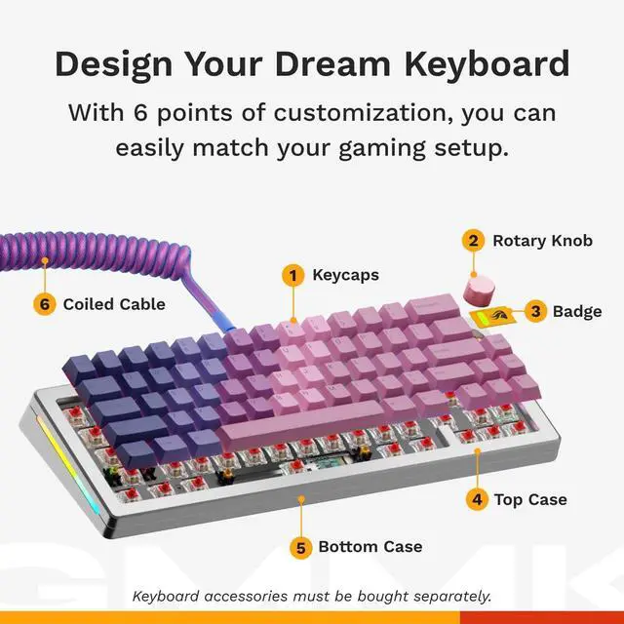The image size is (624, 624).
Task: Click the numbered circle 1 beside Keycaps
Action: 292,275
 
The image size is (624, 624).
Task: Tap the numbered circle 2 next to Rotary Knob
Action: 473,240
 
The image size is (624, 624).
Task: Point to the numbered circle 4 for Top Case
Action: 476,500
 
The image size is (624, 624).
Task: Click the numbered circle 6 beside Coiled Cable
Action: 44,304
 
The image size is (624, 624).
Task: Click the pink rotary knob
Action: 478,288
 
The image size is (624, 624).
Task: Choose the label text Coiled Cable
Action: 114,304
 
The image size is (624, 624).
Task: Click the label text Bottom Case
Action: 370,547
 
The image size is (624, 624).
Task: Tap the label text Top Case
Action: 530,500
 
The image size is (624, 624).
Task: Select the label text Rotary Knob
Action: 542,240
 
